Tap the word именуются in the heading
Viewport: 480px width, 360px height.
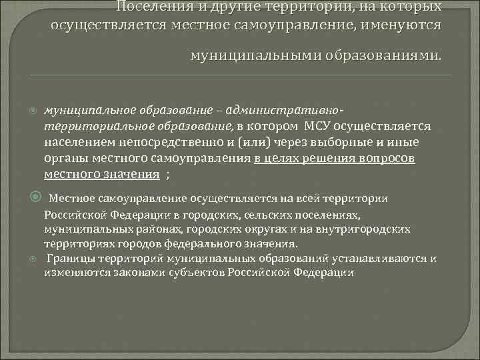(x=397, y=24)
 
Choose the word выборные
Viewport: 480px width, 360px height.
(x=319, y=142)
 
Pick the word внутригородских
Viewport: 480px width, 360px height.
(x=371, y=229)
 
